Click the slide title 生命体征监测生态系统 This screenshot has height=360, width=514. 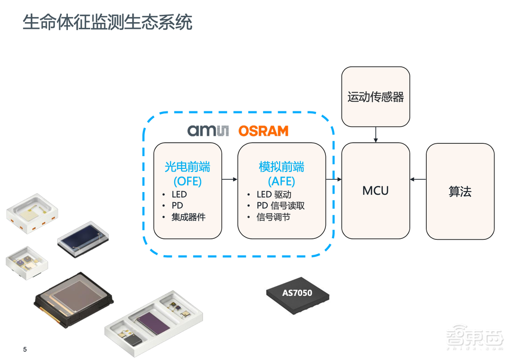tap(107, 23)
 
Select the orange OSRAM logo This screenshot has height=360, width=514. tap(263, 131)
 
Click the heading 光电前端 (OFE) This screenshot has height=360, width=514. tap(188, 174)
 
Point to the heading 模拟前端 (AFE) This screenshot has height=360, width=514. tap(281, 174)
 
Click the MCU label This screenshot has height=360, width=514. tap(375, 191)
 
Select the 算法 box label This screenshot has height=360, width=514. tap(460, 192)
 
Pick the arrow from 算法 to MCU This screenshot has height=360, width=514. tap(418, 179)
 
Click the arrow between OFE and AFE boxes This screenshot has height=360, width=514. tap(229, 179)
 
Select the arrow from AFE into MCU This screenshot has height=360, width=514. tap(334, 179)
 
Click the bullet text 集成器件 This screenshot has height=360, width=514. tap(188, 217)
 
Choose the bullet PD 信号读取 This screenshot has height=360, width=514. tap(281, 206)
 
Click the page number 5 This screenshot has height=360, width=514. tap(25, 350)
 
